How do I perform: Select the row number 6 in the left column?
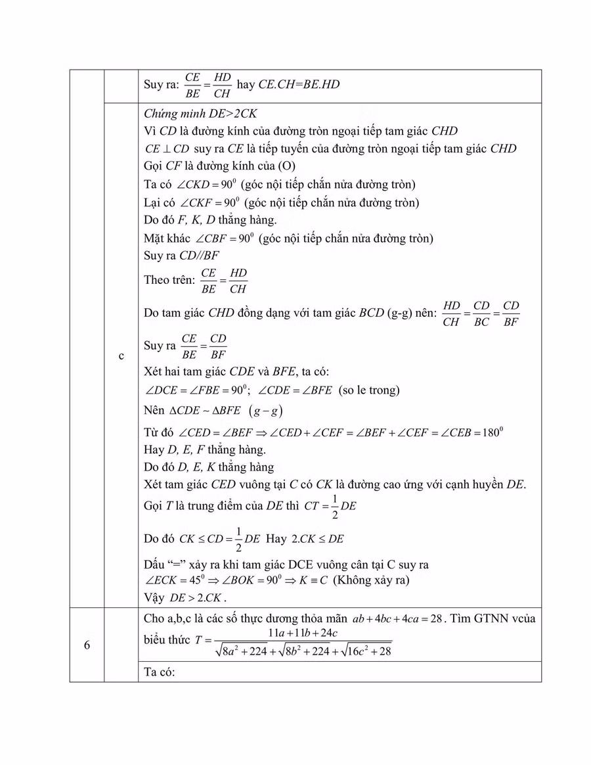(x=87, y=645)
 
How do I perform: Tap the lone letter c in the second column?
(x=121, y=356)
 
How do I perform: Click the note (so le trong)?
(x=368, y=390)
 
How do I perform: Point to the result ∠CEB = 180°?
(x=471, y=432)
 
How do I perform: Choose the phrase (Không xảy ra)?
(x=370, y=580)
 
